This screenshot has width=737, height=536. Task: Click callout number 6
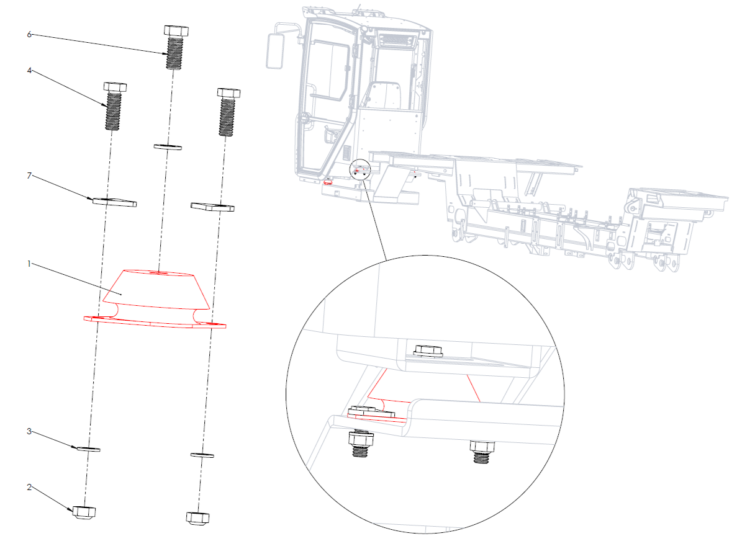(29, 34)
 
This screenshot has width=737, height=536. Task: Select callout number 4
(29, 71)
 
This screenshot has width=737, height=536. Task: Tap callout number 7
(29, 176)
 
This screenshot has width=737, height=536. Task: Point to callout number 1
(29, 264)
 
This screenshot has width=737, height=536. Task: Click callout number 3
(29, 431)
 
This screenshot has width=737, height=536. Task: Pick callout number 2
(29, 487)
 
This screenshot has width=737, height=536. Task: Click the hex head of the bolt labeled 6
(176, 32)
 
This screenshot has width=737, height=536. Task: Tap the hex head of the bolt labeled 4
(115, 87)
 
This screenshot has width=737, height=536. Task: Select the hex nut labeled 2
(84, 512)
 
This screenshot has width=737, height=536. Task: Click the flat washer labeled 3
(88, 449)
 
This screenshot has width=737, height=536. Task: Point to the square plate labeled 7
(114, 202)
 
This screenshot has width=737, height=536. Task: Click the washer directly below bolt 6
(168, 147)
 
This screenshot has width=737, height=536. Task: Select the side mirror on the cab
(275, 51)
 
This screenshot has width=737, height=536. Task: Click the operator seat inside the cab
(383, 96)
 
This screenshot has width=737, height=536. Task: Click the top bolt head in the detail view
(427, 351)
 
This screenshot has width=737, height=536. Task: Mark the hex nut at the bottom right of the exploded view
(197, 518)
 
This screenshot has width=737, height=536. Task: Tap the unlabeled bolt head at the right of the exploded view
(229, 92)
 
